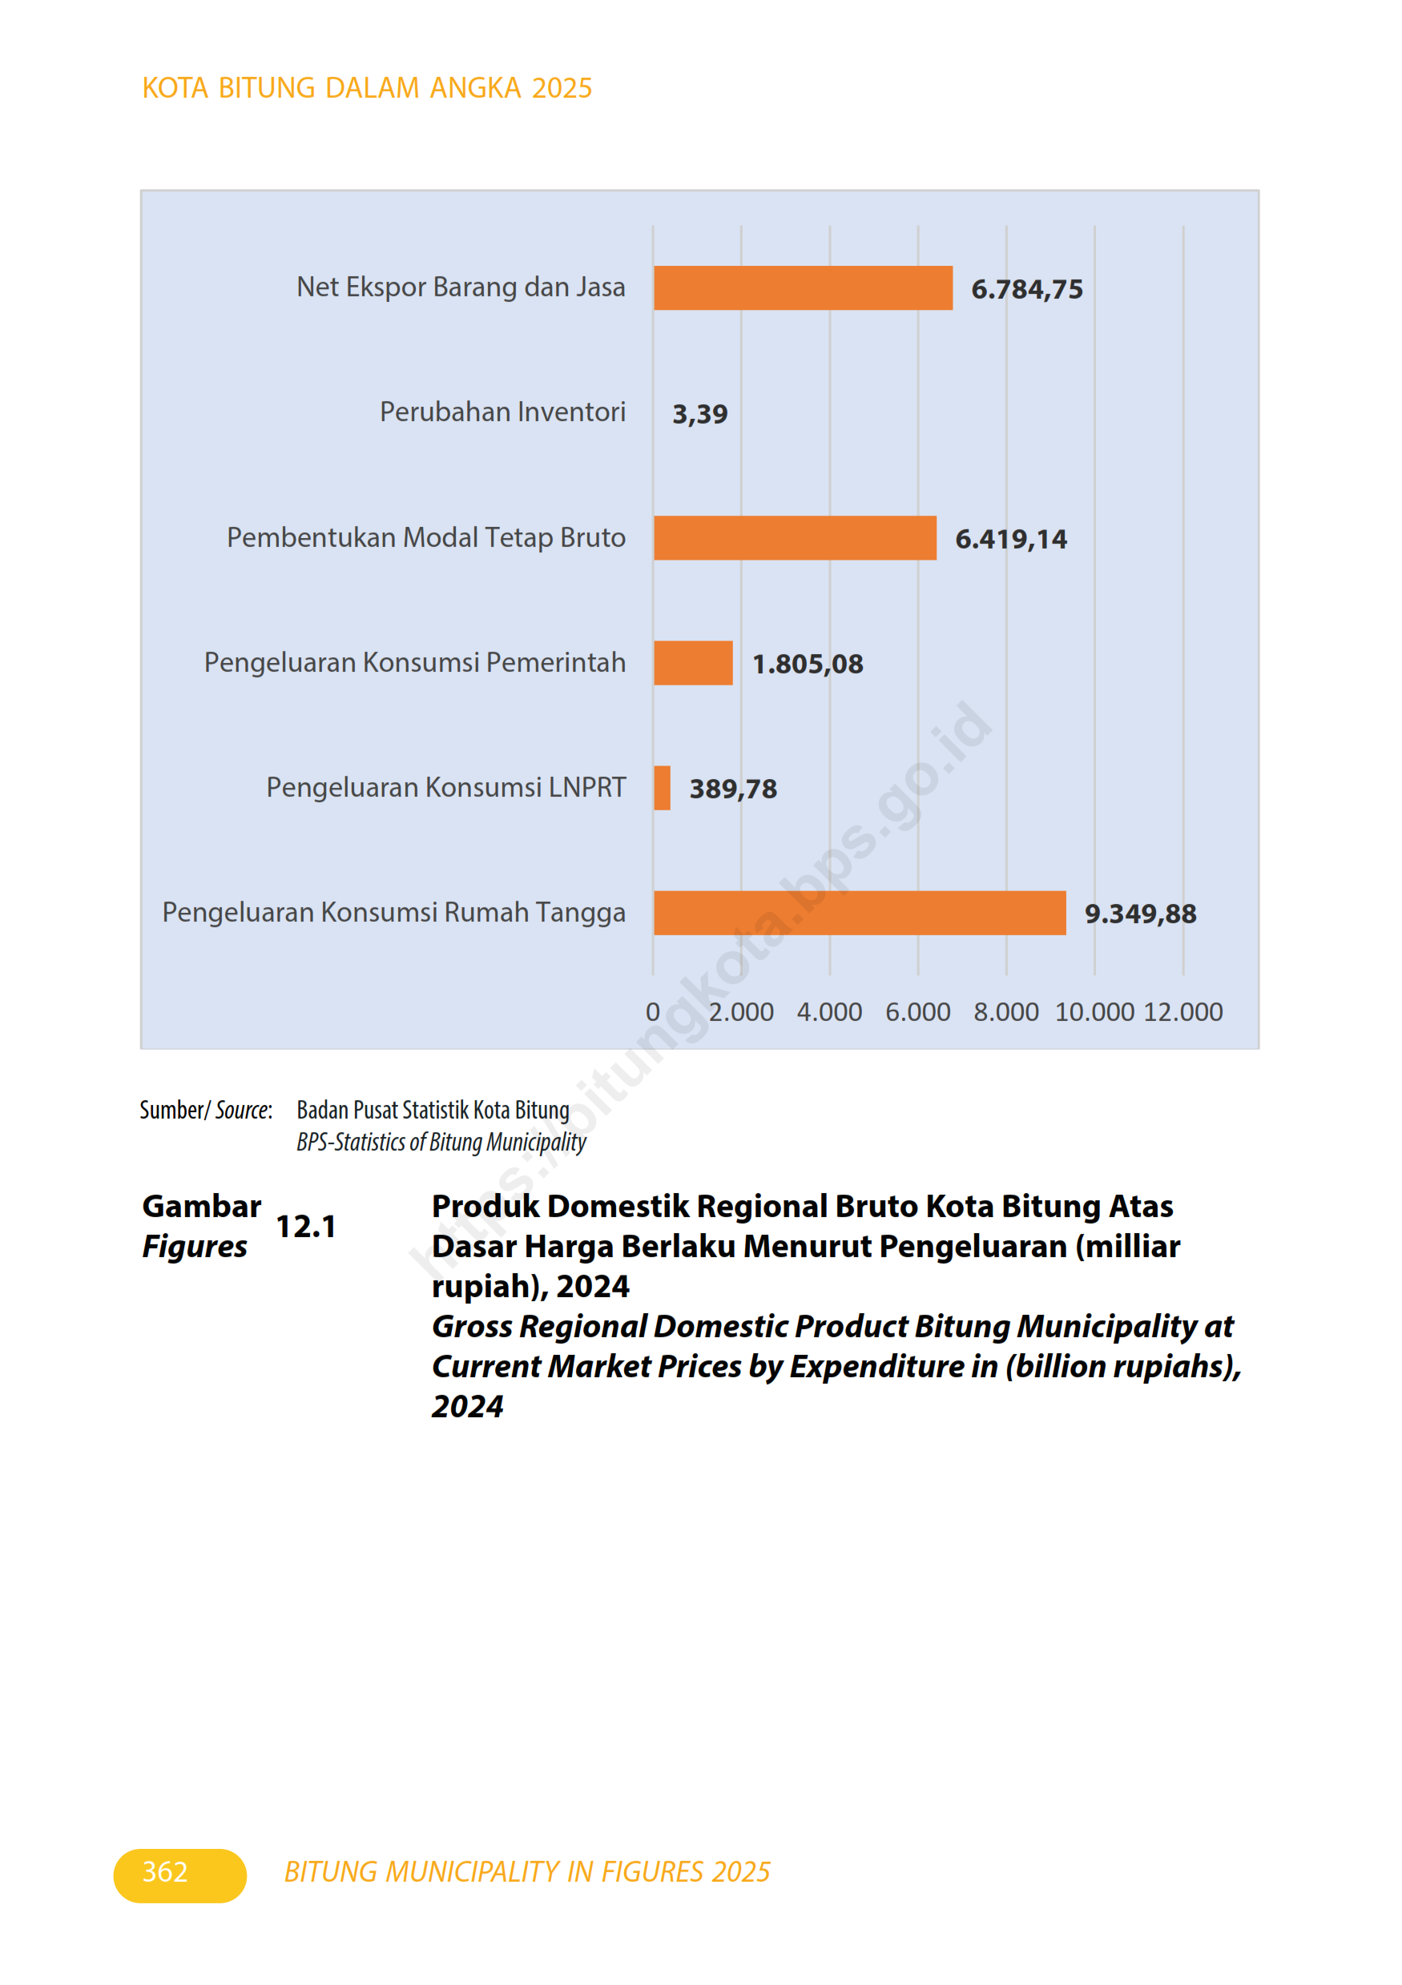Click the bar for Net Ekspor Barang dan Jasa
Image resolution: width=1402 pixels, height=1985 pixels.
click(803, 288)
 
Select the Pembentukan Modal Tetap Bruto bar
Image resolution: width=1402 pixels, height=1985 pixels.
click(794, 538)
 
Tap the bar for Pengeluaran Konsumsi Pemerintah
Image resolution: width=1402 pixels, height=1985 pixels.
click(693, 663)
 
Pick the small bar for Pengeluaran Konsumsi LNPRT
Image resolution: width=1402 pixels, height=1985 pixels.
click(662, 788)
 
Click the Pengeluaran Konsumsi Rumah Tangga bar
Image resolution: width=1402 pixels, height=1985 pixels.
click(859, 913)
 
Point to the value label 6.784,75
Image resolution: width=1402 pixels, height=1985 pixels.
click(1026, 289)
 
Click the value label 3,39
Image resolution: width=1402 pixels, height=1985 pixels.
click(699, 414)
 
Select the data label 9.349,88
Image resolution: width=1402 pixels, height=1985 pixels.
click(1140, 914)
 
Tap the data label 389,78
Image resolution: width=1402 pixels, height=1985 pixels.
click(732, 789)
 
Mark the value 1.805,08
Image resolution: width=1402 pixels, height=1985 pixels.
click(807, 664)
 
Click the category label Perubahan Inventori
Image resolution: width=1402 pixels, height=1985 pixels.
click(502, 412)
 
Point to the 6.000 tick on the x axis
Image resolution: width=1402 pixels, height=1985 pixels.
click(917, 1011)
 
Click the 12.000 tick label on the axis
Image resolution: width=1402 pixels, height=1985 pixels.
click(1182, 1011)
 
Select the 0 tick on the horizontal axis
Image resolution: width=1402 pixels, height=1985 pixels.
click(653, 1011)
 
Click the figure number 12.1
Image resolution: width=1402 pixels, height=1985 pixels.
click(305, 1226)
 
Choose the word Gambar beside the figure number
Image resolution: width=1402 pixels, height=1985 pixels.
click(202, 1206)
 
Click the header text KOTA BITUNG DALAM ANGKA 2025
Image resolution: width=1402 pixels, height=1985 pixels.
click(367, 88)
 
